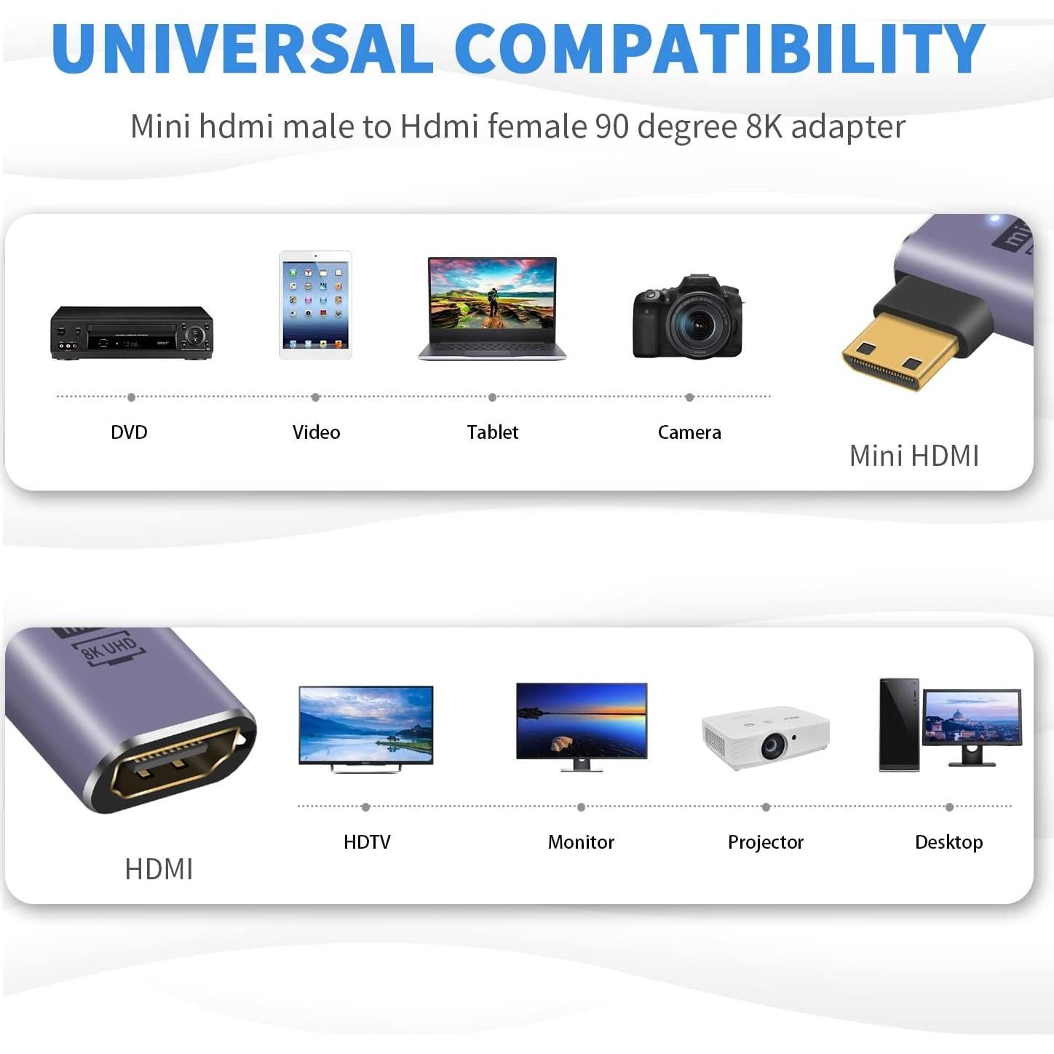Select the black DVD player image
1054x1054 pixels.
[x=132, y=333]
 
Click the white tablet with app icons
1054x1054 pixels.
[x=315, y=304]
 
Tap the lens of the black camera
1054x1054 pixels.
[x=698, y=322]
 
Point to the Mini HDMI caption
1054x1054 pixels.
[x=914, y=456]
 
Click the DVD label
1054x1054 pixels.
[x=129, y=432]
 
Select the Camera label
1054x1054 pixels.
[x=689, y=432]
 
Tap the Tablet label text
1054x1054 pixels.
[x=492, y=432]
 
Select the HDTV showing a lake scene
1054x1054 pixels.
[x=365, y=726]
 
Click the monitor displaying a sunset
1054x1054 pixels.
[x=581, y=721]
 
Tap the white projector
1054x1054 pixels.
[x=765, y=737]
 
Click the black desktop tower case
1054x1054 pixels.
[x=898, y=724]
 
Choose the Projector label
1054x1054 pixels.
[x=765, y=842]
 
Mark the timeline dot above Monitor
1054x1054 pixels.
[x=581, y=807]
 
